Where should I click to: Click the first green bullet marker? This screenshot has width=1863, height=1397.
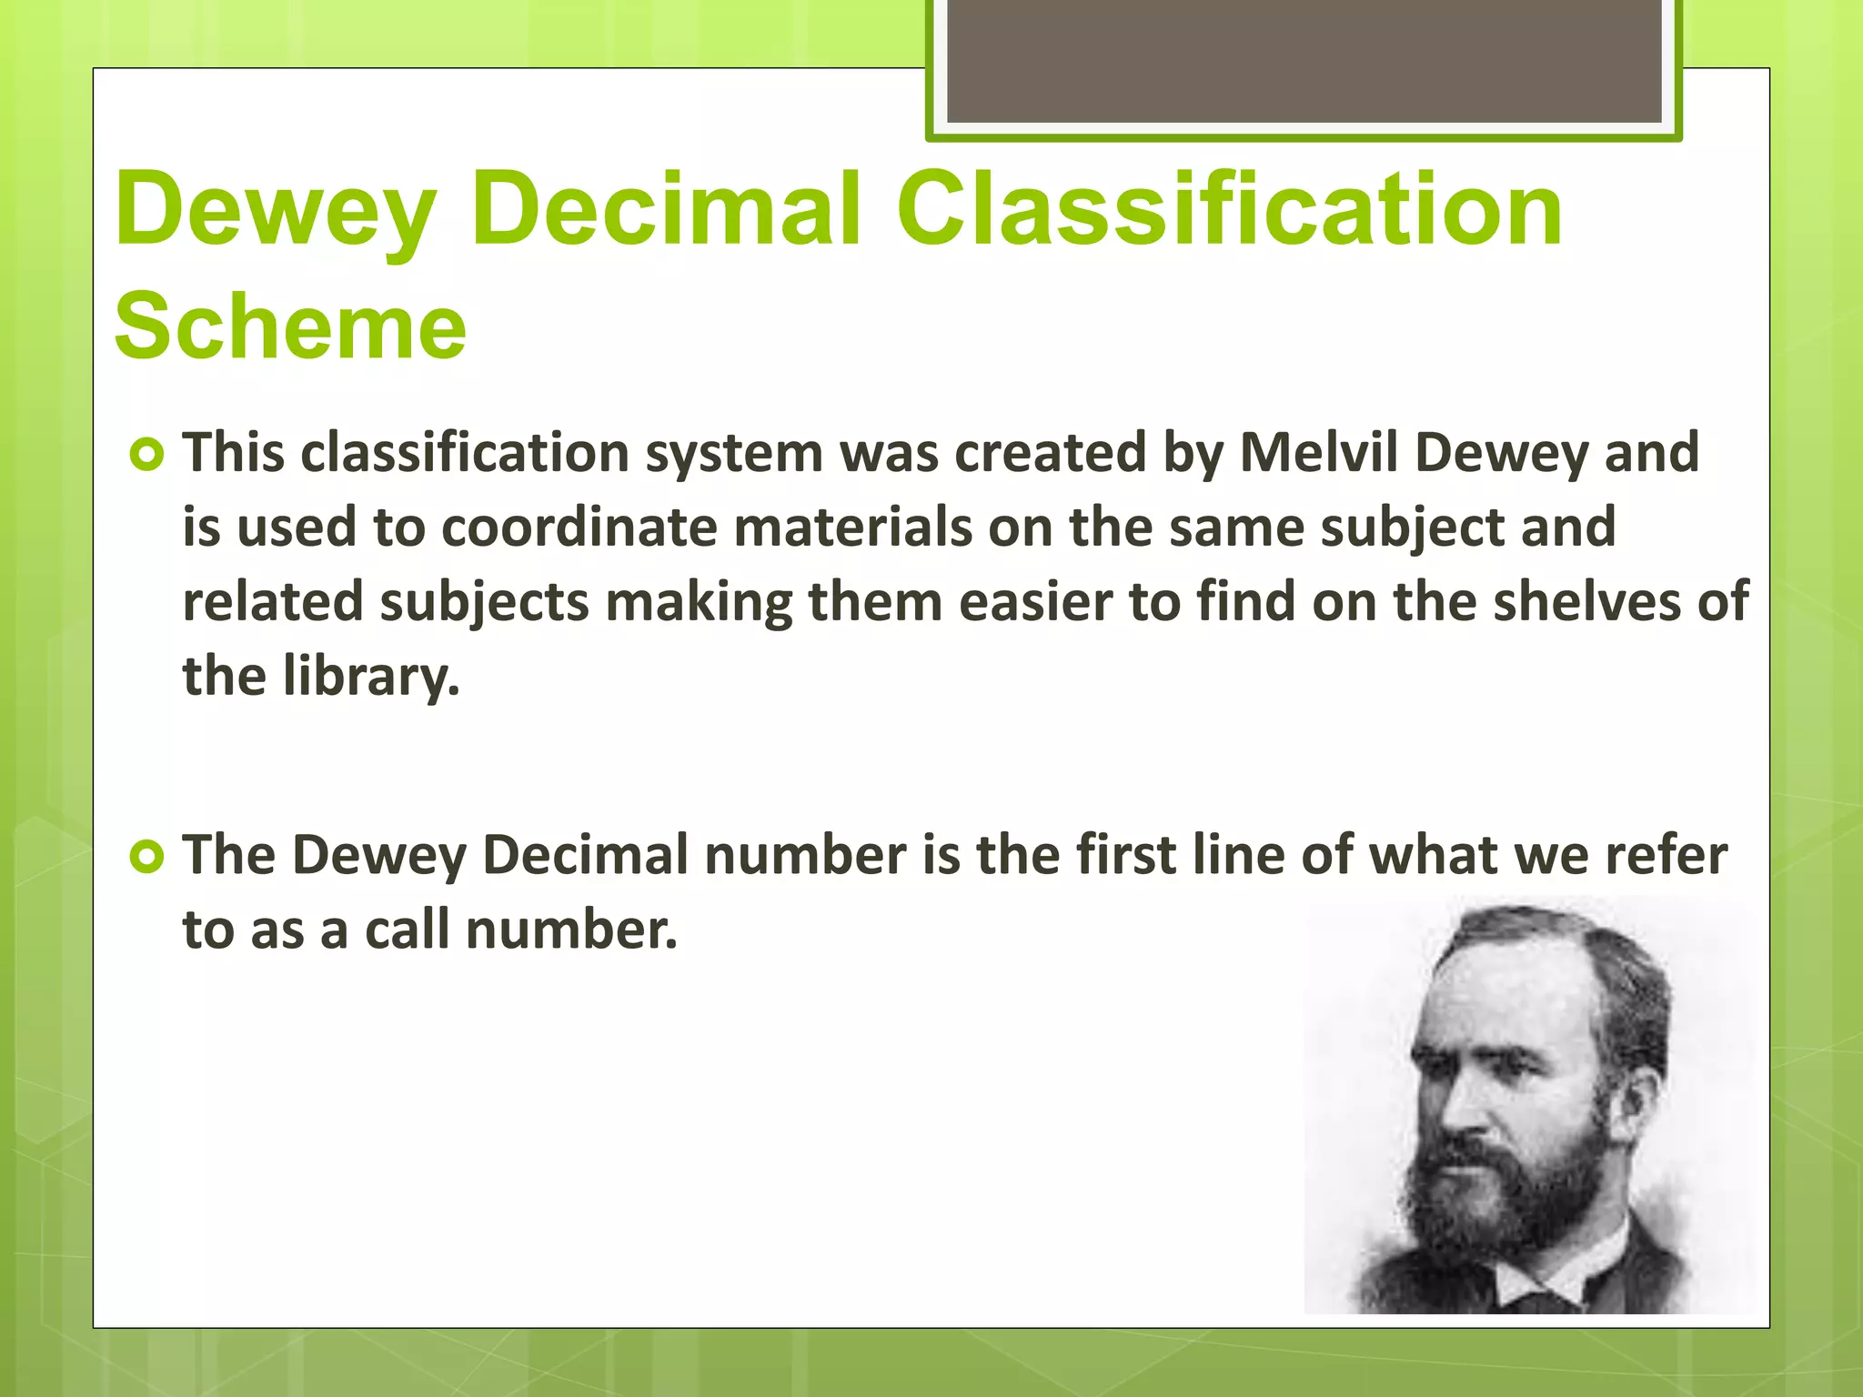146,454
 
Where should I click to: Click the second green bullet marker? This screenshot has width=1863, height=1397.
146,857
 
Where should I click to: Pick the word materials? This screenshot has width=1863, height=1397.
852,528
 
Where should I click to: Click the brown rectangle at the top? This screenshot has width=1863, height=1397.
1304,62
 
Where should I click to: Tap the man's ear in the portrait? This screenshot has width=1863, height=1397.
1633,1091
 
